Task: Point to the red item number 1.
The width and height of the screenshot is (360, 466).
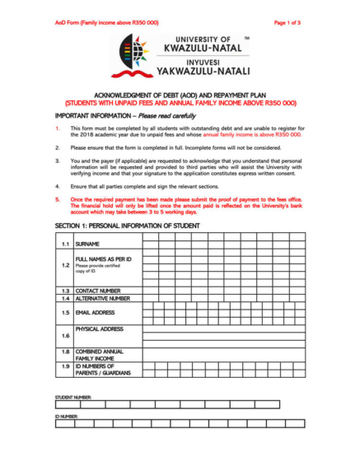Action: click(57, 128)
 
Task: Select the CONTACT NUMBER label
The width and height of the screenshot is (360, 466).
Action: click(98, 291)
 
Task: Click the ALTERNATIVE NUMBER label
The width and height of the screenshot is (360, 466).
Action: click(102, 299)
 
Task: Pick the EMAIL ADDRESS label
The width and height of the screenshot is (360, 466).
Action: click(95, 313)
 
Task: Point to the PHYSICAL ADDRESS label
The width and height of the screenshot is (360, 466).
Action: click(99, 329)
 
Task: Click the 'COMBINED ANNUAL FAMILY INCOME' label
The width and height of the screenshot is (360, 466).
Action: click(99, 355)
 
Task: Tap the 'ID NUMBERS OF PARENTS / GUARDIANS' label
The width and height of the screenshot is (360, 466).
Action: click(102, 369)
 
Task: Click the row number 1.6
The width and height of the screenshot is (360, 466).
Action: click(64, 336)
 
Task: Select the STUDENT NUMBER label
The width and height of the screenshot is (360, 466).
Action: click(72, 397)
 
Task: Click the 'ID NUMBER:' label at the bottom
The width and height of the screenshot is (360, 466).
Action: click(66, 417)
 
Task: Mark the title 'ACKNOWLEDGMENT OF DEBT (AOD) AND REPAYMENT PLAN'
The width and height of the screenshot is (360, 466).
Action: click(180, 96)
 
